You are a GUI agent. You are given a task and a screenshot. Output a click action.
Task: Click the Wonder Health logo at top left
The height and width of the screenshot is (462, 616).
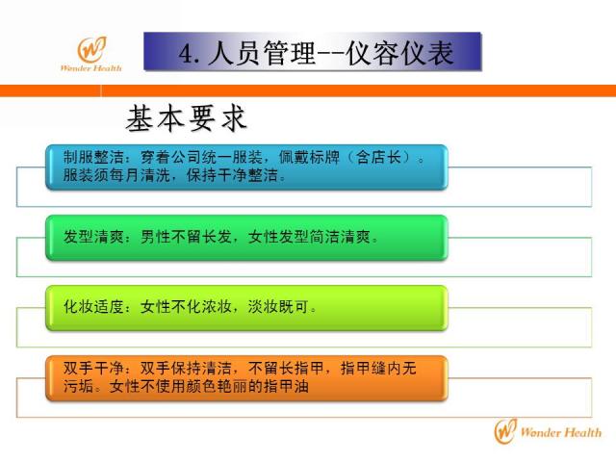pos(91,54)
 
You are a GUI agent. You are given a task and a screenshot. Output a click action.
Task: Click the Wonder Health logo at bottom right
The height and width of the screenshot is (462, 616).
pos(548,431)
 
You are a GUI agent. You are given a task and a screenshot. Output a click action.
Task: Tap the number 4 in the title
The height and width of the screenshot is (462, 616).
pos(186,54)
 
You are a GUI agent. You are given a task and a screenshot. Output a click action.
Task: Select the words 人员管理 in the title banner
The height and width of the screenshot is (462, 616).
pos(262,53)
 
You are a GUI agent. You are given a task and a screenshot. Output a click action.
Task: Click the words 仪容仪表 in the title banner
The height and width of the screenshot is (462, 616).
pos(399,53)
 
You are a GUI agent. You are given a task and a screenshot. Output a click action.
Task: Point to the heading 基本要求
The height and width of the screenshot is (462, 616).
pos(186,117)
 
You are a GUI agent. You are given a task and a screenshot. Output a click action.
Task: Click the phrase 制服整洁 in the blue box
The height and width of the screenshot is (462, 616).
pos(93,157)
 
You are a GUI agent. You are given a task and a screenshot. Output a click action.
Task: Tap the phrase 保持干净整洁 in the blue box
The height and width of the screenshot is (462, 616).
pos(233,175)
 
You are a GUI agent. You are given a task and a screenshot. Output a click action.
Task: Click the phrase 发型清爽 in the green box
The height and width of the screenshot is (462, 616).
pos(93,237)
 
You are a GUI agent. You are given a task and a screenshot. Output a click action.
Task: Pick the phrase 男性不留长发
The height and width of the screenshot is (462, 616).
pos(186,237)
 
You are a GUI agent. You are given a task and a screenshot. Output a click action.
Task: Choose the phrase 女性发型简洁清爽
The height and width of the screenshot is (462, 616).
pos(309,237)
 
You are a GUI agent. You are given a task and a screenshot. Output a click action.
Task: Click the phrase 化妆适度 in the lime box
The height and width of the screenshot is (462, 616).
pos(93,306)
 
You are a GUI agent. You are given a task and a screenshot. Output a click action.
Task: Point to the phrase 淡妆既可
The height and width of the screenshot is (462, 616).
pos(278,306)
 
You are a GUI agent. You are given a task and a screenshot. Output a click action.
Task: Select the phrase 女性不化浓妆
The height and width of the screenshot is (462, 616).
pos(186,306)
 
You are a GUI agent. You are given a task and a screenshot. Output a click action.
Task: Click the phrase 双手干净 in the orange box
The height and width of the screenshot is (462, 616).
pos(93,368)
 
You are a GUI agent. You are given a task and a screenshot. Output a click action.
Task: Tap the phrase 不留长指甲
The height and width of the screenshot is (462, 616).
pos(286,368)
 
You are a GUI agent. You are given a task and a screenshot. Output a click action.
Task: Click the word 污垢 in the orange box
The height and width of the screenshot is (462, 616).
pos(79,386)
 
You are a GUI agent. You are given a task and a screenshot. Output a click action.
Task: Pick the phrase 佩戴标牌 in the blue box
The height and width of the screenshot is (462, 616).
pos(309,157)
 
